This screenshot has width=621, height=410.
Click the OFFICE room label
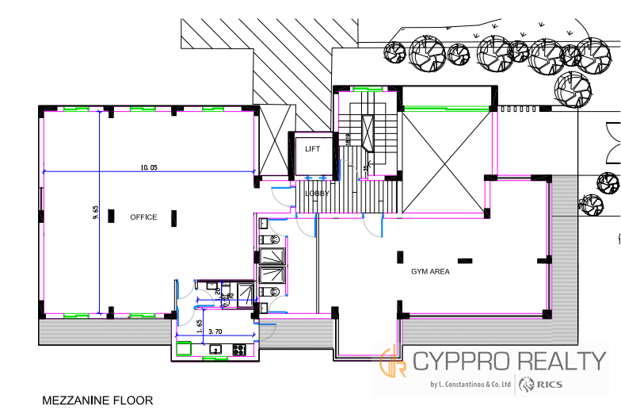tap(143, 217)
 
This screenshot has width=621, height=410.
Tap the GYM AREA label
tap(430, 271)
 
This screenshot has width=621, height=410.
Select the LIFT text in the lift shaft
tap(313, 148)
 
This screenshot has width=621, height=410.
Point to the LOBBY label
tap(317, 193)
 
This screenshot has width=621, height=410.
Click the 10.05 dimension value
tap(149, 167)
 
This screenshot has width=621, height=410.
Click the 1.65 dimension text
tap(199, 324)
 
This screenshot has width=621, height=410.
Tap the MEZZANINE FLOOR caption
tap(97, 400)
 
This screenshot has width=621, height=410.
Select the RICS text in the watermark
tap(547, 385)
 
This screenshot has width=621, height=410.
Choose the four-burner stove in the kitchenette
tap(238, 350)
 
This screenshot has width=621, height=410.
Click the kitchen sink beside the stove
tap(215, 350)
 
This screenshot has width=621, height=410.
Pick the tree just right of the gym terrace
tap(591, 205)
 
